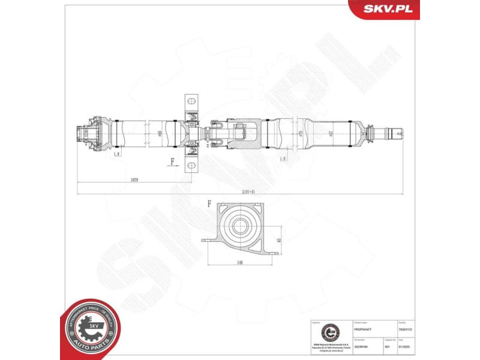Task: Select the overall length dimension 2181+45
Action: pyautogui.click(x=240, y=191)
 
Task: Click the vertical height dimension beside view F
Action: pyautogui.click(x=278, y=239)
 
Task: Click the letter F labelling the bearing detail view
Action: pyautogui.click(x=209, y=204)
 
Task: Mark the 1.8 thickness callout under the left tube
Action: pyautogui.click(x=116, y=155)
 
